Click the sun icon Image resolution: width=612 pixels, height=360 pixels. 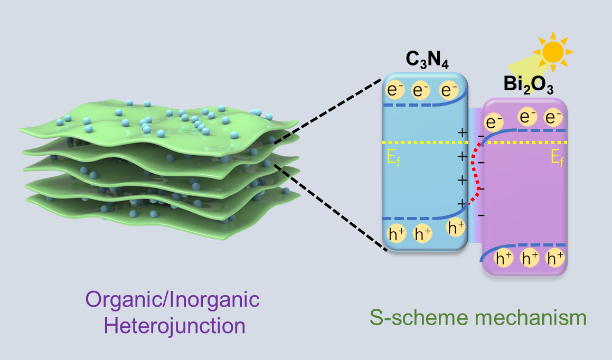pyautogui.click(x=553, y=52)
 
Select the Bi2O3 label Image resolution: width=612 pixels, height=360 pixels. pyautogui.click(x=528, y=85)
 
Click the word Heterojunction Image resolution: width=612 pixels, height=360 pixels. pyautogui.click(x=175, y=325)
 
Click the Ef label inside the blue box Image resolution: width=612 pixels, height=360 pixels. pyautogui.click(x=393, y=157)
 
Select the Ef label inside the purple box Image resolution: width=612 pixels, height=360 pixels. pyautogui.click(x=558, y=157)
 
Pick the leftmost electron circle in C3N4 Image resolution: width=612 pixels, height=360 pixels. pyautogui.click(x=395, y=91)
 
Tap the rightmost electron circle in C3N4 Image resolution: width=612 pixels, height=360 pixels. pyautogui.click(x=447, y=91)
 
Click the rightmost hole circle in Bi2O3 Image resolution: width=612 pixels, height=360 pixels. pyautogui.click(x=555, y=258)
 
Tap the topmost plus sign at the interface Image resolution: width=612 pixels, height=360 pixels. pyautogui.click(x=462, y=133)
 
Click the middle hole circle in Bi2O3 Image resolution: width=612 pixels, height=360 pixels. pyautogui.click(x=530, y=258)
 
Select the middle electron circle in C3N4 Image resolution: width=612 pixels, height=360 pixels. pyautogui.click(x=421, y=91)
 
